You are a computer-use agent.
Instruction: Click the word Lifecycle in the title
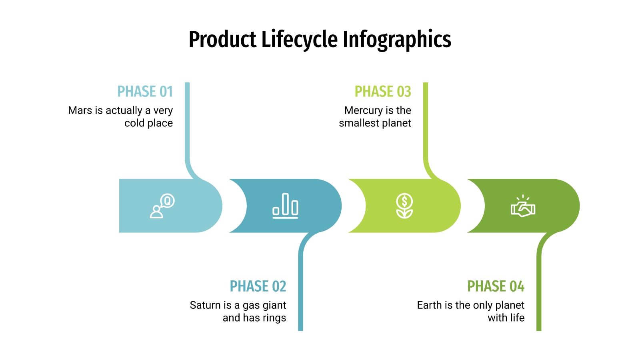[299, 40]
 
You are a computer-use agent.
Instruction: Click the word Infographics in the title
[397, 40]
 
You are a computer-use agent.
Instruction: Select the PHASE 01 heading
[145, 92]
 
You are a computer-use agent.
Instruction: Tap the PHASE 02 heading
[258, 286]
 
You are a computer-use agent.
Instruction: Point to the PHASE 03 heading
[383, 92]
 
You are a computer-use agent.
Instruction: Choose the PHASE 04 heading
[496, 286]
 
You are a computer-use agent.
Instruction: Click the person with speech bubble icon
[162, 206]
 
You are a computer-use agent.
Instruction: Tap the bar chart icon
[285, 206]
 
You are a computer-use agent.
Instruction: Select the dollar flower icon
[404, 206]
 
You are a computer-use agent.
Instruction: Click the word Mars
[80, 110]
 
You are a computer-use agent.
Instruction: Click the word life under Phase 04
[517, 318]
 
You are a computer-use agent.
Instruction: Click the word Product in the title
[222, 40]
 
